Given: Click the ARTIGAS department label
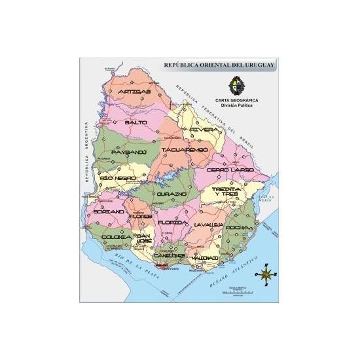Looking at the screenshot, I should point(135,92).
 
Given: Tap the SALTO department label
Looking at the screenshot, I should point(136,122).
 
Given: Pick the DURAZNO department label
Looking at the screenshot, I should point(171,194).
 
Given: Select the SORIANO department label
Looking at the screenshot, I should point(109,212).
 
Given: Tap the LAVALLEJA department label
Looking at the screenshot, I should point(209,225).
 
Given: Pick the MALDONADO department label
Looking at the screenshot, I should point(205,258).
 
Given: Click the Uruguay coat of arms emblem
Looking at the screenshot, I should point(234,85).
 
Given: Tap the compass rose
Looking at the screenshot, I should point(267,274).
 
